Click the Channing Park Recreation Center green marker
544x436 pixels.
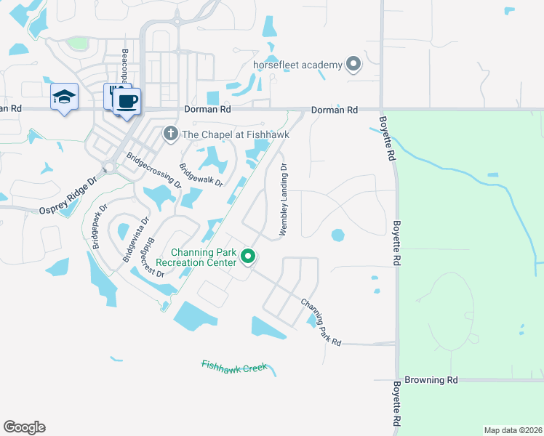click(x=248, y=257)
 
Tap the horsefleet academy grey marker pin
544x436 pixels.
click(x=353, y=65)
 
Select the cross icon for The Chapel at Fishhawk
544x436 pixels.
click(x=170, y=133)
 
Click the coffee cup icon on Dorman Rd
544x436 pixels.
click(x=127, y=100)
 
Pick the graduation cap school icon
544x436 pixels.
click(x=64, y=97)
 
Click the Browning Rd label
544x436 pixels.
click(x=431, y=380)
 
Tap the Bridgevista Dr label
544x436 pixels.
click(x=135, y=239)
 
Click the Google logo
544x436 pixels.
click(x=24, y=427)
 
